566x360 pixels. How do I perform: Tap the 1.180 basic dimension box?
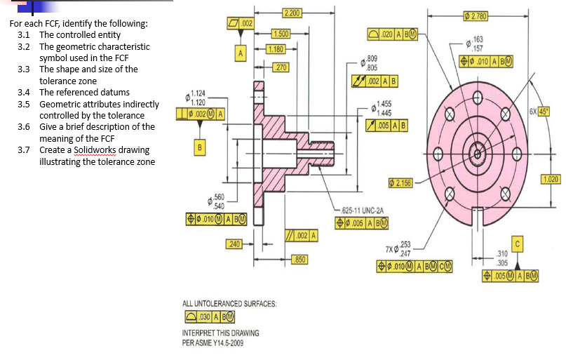pyautogui.click(x=276, y=48)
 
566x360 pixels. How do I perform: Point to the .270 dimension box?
pyautogui.click(x=281, y=67)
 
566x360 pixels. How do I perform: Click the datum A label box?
pyautogui.click(x=241, y=52)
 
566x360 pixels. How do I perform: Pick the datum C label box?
pyautogui.click(x=519, y=243)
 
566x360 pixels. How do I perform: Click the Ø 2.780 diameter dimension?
pyautogui.click(x=477, y=15)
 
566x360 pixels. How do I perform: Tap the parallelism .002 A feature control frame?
pyautogui.click(x=302, y=234)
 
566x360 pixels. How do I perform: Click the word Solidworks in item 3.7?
pyautogui.click(x=91, y=150)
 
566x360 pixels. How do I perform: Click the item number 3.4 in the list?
pyautogui.click(x=24, y=92)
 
